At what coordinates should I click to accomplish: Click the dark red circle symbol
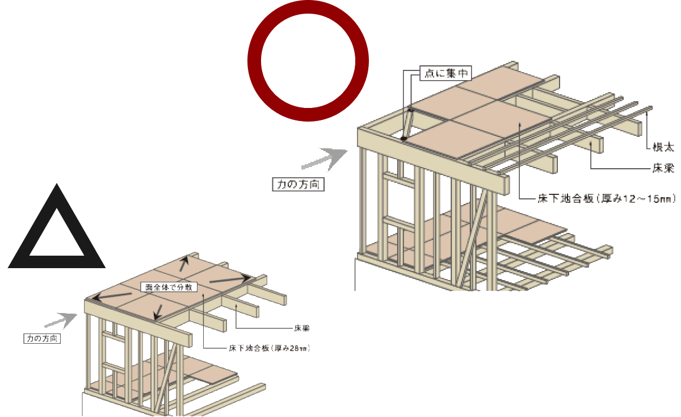(x=308, y=61)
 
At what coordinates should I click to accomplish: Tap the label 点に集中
(x=445, y=73)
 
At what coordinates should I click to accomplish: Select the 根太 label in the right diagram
(x=662, y=147)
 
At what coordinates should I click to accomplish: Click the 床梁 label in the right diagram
(x=662, y=169)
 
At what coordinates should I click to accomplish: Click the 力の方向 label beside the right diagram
(x=298, y=185)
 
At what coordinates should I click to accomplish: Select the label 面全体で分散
(x=169, y=287)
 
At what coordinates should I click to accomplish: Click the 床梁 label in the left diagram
(x=301, y=328)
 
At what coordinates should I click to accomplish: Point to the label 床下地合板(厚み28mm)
(x=270, y=347)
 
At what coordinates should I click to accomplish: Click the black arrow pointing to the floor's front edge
(x=159, y=310)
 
